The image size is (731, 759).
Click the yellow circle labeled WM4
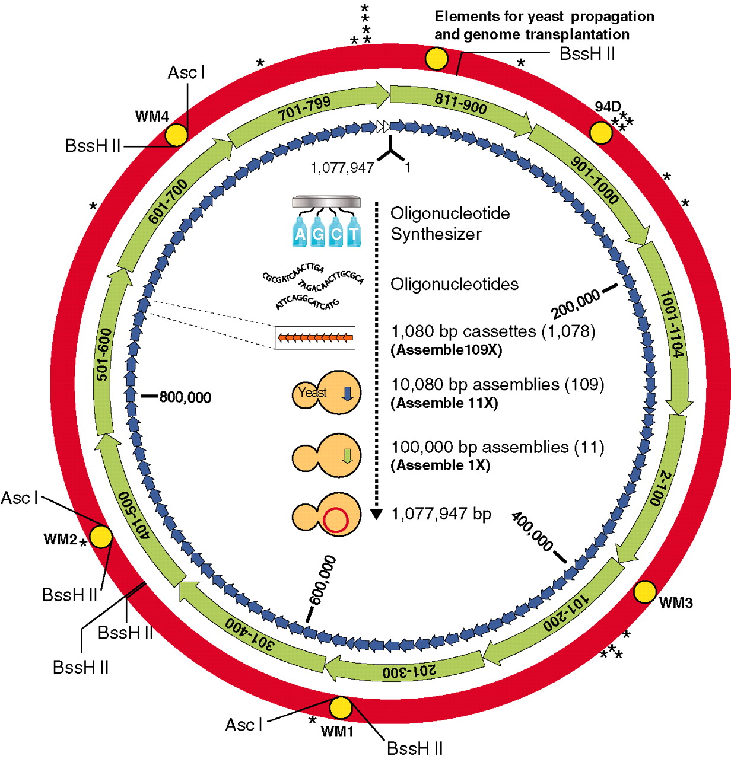[x=176, y=135]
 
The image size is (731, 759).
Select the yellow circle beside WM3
[x=645, y=591]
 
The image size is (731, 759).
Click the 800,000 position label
[x=185, y=397]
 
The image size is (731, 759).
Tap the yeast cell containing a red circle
[x=327, y=515]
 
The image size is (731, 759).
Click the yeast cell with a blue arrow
[x=327, y=393]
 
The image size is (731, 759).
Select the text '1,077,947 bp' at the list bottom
[x=441, y=514]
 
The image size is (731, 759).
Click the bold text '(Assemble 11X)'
[x=444, y=403]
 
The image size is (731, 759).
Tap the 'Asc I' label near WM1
[x=243, y=725]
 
